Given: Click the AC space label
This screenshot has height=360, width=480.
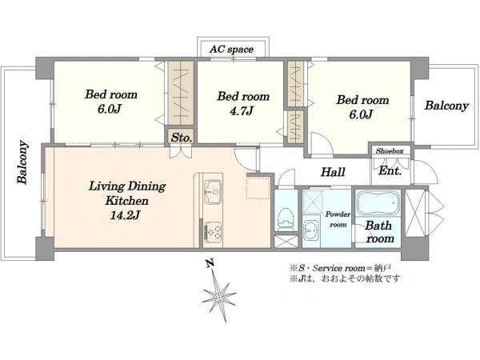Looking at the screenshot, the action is tap(231, 50).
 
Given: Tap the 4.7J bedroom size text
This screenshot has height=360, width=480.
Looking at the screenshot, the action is tap(242, 111).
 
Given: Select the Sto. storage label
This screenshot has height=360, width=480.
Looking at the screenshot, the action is tap(182, 138).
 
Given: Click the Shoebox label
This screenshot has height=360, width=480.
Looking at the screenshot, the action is tap(390, 150).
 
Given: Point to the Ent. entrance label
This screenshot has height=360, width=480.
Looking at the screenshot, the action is tap(390, 170).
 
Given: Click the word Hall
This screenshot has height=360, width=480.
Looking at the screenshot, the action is tap(333, 172).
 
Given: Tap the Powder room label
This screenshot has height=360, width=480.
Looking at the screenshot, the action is tap(338, 219).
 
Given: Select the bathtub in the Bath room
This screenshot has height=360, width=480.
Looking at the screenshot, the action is tap(378, 203).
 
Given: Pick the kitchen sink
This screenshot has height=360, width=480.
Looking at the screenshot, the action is tap(213, 192).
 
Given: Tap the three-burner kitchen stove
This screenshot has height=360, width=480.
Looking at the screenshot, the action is tap(213, 230).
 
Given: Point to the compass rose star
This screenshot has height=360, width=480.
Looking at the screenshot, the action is tap(218, 297).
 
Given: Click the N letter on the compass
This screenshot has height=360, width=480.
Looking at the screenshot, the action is tap(210, 263).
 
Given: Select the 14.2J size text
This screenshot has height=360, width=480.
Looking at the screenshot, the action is tap(125, 215).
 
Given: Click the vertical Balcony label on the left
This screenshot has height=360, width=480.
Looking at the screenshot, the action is tap(23, 162).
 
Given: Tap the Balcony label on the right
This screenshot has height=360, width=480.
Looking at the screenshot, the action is tap(446, 106).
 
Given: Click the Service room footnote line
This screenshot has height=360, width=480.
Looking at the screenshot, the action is tap(341, 269).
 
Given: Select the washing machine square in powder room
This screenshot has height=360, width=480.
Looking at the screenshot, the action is tap(312, 202).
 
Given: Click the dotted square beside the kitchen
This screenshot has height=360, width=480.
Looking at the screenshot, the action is tap(258, 187).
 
